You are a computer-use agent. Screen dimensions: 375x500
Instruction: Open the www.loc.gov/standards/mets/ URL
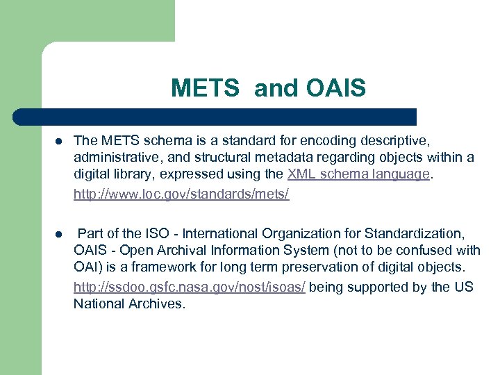181,194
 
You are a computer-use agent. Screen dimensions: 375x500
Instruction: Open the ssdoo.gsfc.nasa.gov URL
189,287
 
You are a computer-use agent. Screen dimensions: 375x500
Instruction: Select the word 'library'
132,174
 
